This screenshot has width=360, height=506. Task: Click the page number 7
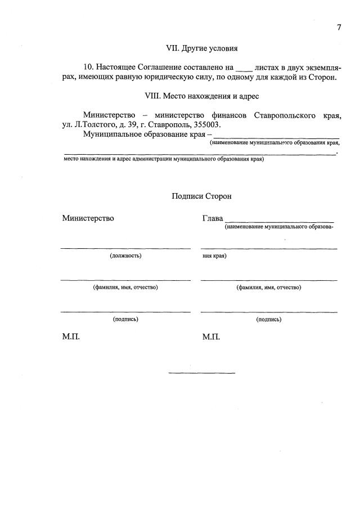(x=339, y=28)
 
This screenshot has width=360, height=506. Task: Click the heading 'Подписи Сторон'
(x=201, y=196)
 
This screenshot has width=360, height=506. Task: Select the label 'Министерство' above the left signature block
(x=88, y=218)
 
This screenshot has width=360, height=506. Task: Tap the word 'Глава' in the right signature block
(x=212, y=218)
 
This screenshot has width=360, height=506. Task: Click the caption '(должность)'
(x=125, y=256)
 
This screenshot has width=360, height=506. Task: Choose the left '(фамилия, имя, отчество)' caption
(x=125, y=288)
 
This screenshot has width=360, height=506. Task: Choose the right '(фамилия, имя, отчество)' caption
(x=269, y=288)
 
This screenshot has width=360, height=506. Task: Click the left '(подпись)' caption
(x=125, y=319)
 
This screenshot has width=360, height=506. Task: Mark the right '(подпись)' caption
(x=269, y=319)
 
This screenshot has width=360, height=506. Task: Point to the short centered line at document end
(x=201, y=373)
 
